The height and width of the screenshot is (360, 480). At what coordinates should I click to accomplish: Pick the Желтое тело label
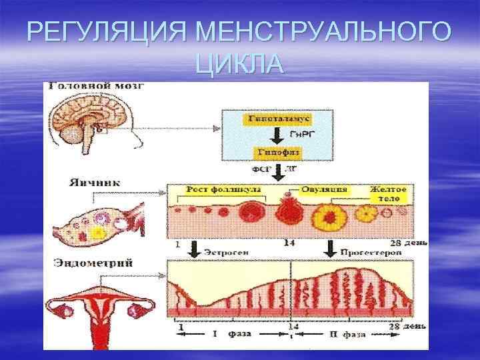point(388,195)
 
